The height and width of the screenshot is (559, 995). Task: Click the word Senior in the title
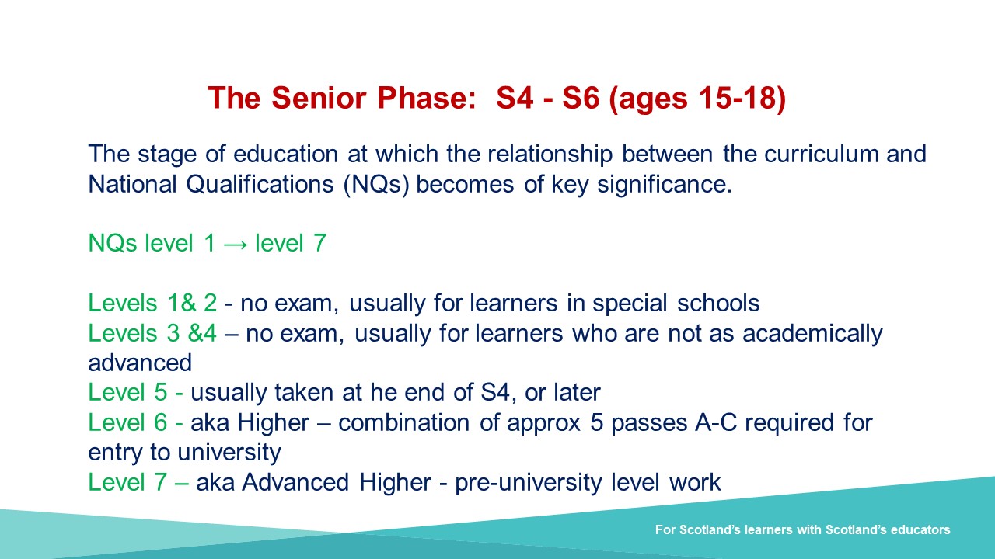[x=319, y=98]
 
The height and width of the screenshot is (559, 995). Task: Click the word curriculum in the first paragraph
[x=822, y=154]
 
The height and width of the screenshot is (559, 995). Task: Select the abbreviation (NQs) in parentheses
[x=376, y=184]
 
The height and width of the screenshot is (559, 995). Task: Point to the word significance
[x=665, y=185]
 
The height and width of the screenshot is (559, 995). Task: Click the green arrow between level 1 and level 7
[x=236, y=245]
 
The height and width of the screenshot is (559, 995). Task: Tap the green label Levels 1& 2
[x=152, y=303]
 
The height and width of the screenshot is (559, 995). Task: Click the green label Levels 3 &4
[x=152, y=333]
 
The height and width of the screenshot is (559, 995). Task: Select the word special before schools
[x=630, y=304]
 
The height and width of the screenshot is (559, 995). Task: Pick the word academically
[x=812, y=334]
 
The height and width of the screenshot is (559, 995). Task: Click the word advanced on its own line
[x=140, y=363]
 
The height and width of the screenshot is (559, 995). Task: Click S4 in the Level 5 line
[x=495, y=393]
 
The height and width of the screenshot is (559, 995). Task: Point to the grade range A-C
[x=716, y=422]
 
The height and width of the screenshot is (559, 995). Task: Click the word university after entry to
[x=229, y=453]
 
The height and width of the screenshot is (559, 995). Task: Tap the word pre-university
[x=528, y=483]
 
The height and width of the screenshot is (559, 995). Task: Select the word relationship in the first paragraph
[x=550, y=155]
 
